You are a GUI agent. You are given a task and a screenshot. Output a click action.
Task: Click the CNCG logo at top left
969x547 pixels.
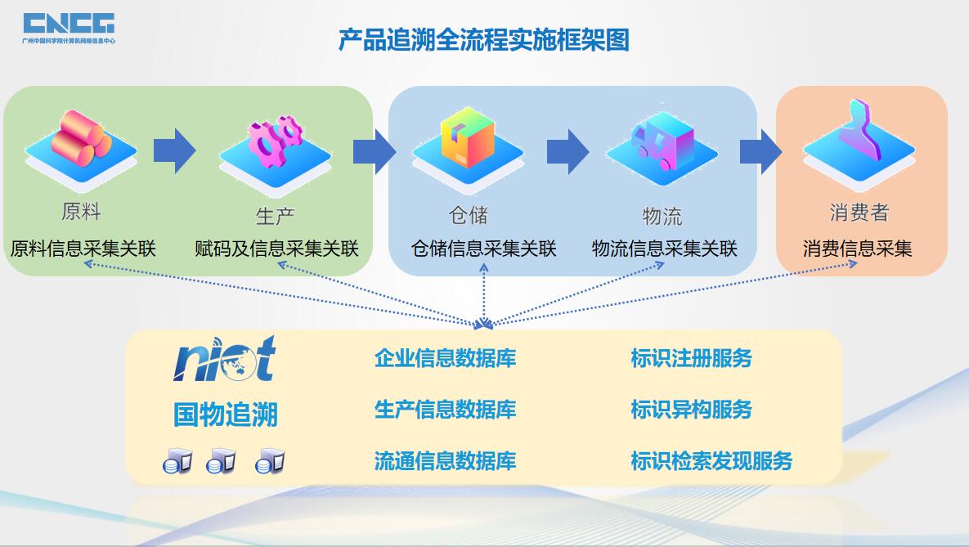tap(69, 26)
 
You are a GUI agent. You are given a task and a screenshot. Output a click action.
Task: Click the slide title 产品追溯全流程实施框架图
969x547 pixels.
tap(484, 39)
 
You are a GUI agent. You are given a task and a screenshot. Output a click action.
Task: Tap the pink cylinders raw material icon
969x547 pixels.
tap(80, 139)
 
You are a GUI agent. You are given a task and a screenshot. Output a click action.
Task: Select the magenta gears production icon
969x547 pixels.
tap(275, 139)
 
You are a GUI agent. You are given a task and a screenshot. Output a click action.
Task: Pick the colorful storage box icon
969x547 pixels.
tap(467, 139)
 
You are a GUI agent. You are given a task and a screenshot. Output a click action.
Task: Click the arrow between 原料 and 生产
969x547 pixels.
tap(174, 151)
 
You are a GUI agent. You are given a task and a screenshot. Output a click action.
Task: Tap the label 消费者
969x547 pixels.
tap(859, 213)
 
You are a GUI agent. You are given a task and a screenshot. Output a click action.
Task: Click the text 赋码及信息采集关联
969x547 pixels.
tap(276, 249)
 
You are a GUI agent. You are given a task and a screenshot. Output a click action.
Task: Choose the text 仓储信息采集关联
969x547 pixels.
tap(483, 249)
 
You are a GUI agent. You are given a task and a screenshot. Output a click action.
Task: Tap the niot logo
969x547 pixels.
tap(225, 359)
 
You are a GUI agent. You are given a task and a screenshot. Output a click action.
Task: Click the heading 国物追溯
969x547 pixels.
tap(225, 415)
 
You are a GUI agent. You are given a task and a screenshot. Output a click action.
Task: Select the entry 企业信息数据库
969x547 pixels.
tap(445, 358)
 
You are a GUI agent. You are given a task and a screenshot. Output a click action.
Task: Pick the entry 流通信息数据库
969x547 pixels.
tap(445, 460)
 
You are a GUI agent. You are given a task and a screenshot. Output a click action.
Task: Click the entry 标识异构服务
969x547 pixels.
tap(691, 410)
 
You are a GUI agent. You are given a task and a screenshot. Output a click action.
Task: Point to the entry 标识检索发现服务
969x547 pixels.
tap(711, 460)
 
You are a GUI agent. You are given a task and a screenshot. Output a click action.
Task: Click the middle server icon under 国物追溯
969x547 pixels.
tap(222, 462)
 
